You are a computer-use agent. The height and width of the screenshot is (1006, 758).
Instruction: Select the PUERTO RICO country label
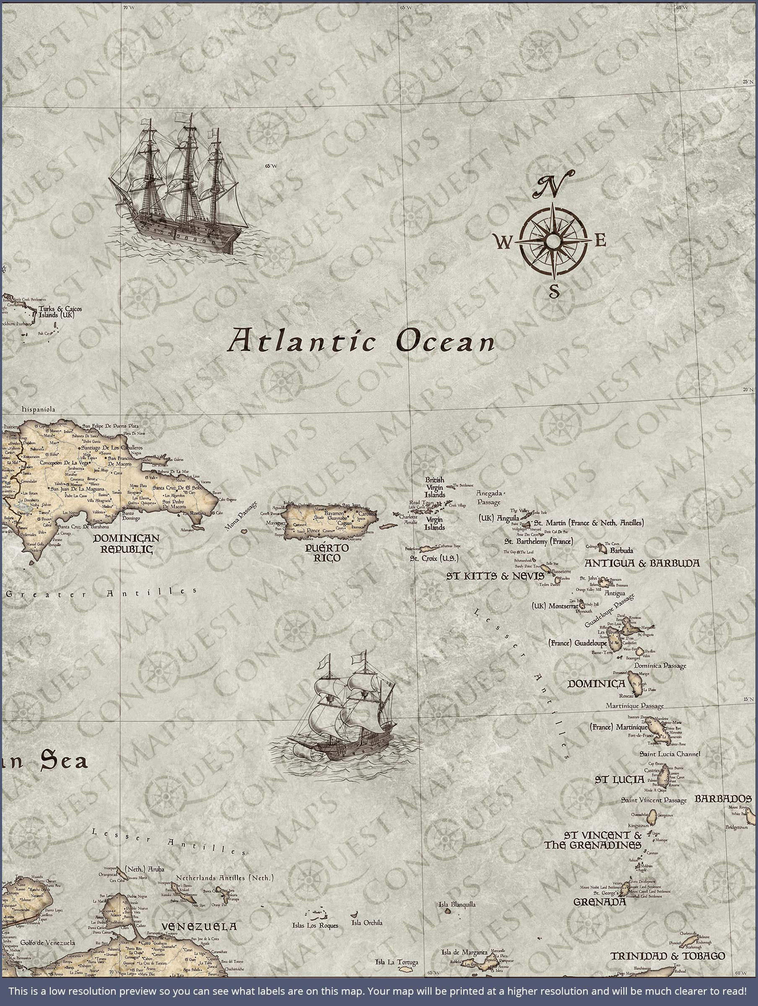pyautogui.click(x=327, y=552)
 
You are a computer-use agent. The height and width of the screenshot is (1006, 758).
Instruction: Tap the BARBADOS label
pyautogui.click(x=722, y=799)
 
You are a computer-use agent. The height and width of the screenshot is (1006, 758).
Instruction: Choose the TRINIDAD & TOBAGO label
pyautogui.click(x=667, y=956)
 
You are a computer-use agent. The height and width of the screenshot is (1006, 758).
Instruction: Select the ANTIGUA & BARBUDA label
pyautogui.click(x=642, y=563)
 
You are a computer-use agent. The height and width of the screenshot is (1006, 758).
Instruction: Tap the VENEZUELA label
pyautogui.click(x=199, y=926)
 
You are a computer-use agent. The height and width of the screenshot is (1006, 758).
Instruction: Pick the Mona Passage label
pyautogui.click(x=241, y=517)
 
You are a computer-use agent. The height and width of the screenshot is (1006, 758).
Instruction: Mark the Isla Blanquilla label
pyautogui.click(x=457, y=905)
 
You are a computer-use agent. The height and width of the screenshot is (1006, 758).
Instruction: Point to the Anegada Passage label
pyautogui.click(x=489, y=498)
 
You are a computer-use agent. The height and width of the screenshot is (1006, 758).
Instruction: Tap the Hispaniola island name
pyautogui.click(x=38, y=409)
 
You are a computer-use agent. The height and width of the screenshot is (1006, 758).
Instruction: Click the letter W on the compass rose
pyautogui.click(x=503, y=243)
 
